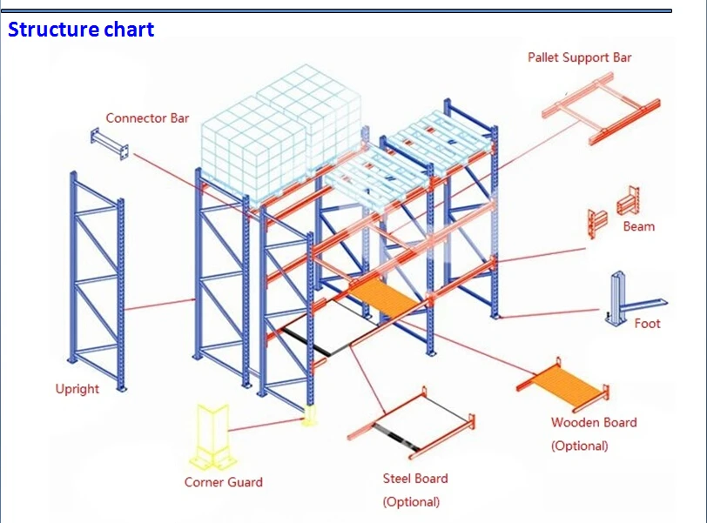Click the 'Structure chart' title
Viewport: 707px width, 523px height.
[81, 30]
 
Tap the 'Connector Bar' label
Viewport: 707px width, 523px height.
[147, 118]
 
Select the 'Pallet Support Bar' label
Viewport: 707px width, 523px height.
[579, 57]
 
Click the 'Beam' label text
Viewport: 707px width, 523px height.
[638, 226]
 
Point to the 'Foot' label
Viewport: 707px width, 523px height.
[647, 324]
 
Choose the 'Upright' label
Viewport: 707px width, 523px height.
[77, 389]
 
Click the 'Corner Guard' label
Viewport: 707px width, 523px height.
[223, 482]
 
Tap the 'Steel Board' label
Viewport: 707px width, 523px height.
[415, 479]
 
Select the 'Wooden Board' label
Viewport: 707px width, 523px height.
[593, 423]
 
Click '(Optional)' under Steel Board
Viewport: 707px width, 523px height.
[411, 502]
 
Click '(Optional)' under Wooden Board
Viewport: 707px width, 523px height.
[579, 446]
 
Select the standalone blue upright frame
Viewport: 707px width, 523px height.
[98, 278]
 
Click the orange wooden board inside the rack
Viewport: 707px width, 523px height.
[391, 297]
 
